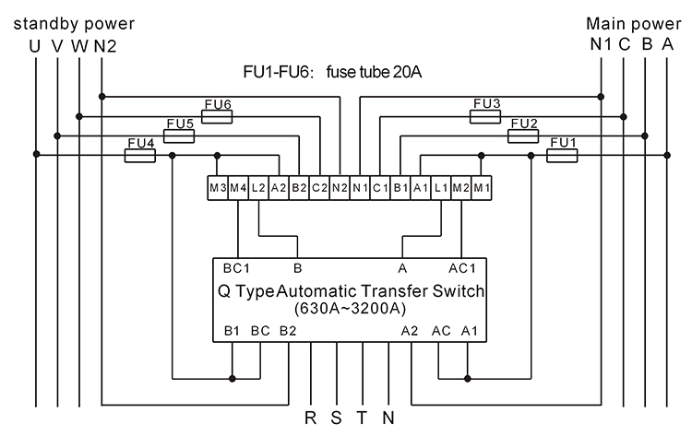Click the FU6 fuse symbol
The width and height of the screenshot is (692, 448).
(x=216, y=116)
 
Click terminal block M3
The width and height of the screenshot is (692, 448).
(x=218, y=187)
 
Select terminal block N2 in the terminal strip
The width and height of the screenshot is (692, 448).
(x=339, y=187)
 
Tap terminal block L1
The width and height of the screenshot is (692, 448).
(x=441, y=187)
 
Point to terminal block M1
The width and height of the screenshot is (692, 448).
(x=482, y=187)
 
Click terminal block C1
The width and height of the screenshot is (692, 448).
(x=380, y=187)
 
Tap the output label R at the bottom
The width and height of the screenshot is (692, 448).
(x=311, y=418)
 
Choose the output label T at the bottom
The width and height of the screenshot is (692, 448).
(x=362, y=418)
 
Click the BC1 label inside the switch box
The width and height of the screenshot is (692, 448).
(x=237, y=270)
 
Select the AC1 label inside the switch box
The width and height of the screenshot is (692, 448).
(x=464, y=270)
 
